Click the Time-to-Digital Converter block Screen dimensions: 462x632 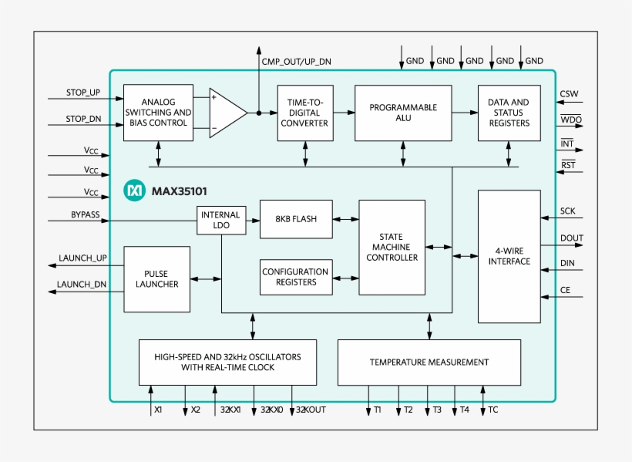pyautogui.click(x=305, y=113)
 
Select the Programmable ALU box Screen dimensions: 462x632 pyautogui.click(x=402, y=113)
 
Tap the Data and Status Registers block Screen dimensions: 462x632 pyautogui.click(x=509, y=113)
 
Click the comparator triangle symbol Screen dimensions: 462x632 pyautogui.click(x=227, y=113)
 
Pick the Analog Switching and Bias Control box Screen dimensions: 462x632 pyautogui.click(x=158, y=113)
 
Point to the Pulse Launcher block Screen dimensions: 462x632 pyautogui.click(x=156, y=279)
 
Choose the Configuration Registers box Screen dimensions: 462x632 pyautogui.click(x=295, y=277)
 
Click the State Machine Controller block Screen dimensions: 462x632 pyautogui.click(x=392, y=247)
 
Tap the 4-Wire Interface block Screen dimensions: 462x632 pyautogui.click(x=509, y=256)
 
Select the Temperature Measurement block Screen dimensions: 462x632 pyautogui.click(x=429, y=362)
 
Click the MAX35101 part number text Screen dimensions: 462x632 pyautogui.click(x=179, y=191)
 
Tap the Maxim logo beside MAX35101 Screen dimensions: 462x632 pyautogui.click(x=135, y=190)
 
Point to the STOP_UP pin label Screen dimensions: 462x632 pyautogui.click(x=83, y=93)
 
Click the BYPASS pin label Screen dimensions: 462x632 pyautogui.click(x=85, y=215)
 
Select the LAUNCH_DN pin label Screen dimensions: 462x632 pyautogui.click(x=82, y=285)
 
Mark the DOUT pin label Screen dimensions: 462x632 pyautogui.click(x=572, y=239)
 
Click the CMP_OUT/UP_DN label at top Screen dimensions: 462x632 pyautogui.click(x=297, y=62)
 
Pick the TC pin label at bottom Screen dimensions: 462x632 pyautogui.click(x=493, y=410)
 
